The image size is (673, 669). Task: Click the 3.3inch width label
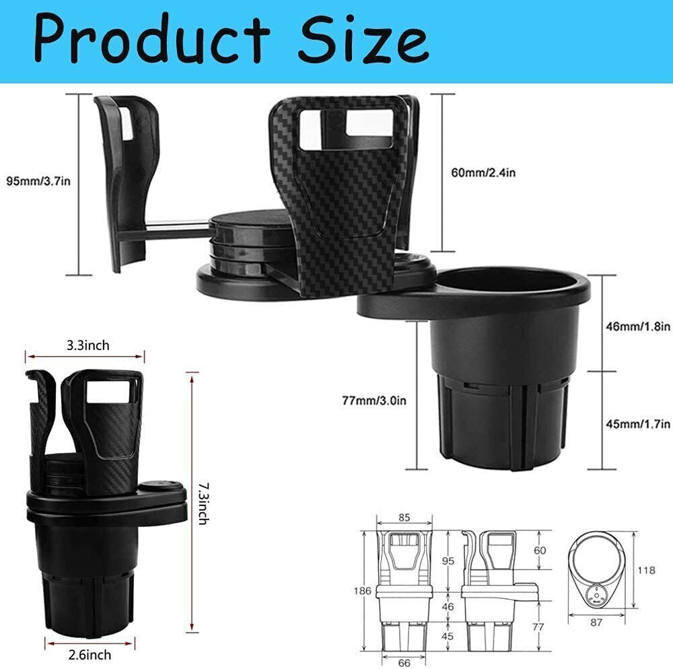coord(88,346)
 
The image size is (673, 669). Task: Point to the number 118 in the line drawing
coord(647,570)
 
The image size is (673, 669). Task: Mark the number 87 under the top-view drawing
coord(596,623)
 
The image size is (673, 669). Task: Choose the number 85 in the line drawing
coord(403,518)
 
